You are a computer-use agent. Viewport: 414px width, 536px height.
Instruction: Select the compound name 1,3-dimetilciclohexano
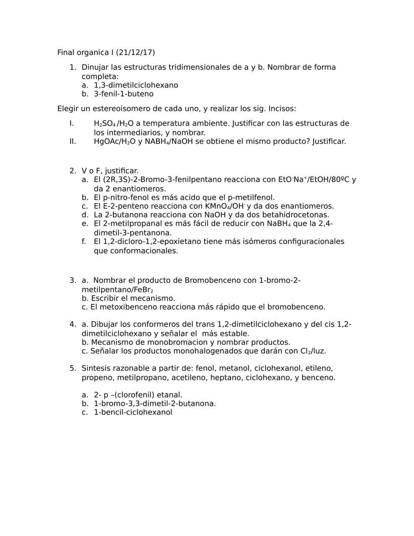click(x=136, y=85)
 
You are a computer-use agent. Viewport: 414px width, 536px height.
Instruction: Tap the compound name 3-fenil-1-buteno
click(x=123, y=94)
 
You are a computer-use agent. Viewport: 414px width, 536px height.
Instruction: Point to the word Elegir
click(x=68, y=108)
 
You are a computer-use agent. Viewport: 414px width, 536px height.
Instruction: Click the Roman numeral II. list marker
click(x=73, y=141)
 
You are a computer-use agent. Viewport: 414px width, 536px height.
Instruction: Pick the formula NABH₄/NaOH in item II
click(x=169, y=141)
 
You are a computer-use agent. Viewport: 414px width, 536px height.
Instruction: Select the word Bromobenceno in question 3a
click(x=211, y=280)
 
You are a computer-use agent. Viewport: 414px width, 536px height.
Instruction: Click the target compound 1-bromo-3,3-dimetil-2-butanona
click(x=154, y=403)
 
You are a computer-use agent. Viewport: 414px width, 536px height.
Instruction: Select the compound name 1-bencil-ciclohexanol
click(x=133, y=412)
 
